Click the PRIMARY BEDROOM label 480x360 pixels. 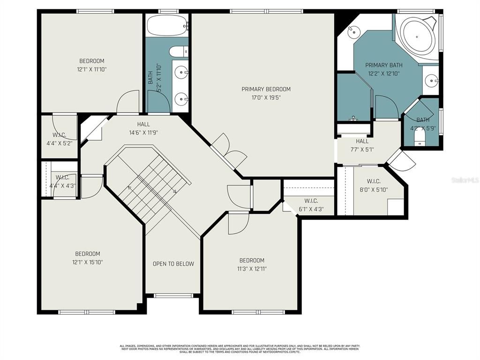pos(266,89)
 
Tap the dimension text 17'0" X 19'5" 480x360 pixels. pos(266,98)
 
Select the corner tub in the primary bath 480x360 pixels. pos(417,33)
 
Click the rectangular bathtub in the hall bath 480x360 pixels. pos(167,26)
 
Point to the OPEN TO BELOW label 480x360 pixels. pos(173,264)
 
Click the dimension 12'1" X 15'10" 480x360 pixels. pos(88,262)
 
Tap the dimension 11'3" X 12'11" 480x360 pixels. pos(252,269)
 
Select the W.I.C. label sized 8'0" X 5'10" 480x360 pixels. pos(374,181)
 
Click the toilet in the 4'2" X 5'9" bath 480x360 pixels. pos(420,136)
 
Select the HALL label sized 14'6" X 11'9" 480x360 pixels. pos(143,124)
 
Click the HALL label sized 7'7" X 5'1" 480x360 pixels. pos(362,141)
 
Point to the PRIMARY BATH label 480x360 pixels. pos(384,65)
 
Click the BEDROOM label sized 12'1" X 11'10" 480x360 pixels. pos(91,61)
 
